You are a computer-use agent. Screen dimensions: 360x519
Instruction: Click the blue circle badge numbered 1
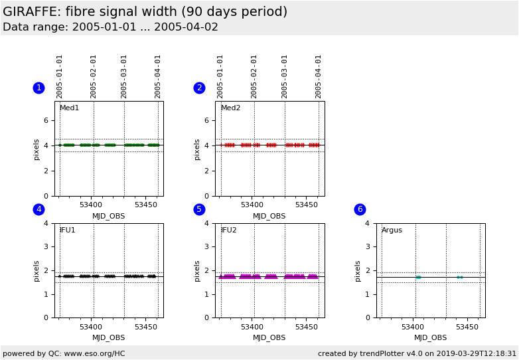(x=38, y=88)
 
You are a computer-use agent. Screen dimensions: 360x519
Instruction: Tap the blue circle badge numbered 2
(x=199, y=88)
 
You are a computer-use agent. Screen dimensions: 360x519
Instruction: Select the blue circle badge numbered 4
(x=38, y=209)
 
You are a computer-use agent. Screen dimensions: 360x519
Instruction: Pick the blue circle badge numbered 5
(x=199, y=209)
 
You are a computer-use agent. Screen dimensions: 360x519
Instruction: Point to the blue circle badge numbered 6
(x=360, y=209)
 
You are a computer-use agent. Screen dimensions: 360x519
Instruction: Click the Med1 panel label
(x=69, y=108)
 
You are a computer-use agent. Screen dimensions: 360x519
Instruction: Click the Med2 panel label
(x=230, y=108)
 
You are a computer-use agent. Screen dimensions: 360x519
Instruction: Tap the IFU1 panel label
(x=68, y=230)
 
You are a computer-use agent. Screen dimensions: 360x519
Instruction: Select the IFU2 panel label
(x=228, y=230)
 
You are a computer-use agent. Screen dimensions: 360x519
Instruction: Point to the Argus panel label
(x=392, y=230)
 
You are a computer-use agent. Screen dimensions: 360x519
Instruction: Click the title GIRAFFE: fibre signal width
(x=145, y=12)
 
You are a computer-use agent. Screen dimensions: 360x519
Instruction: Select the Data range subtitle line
(x=110, y=27)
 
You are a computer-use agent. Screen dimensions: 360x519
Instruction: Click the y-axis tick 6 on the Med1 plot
(x=46, y=120)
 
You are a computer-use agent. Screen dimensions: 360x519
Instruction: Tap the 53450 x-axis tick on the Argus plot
(x=467, y=327)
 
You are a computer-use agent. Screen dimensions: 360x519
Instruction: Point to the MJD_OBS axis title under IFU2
(x=269, y=338)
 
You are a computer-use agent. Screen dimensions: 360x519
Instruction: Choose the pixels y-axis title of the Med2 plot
(x=197, y=149)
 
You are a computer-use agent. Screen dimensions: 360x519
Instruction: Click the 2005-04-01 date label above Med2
(x=318, y=76)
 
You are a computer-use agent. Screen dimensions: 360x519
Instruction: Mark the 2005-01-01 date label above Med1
(x=60, y=76)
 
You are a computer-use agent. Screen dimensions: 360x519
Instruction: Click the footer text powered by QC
(x=64, y=353)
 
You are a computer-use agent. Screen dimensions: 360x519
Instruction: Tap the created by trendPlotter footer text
(x=417, y=353)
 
